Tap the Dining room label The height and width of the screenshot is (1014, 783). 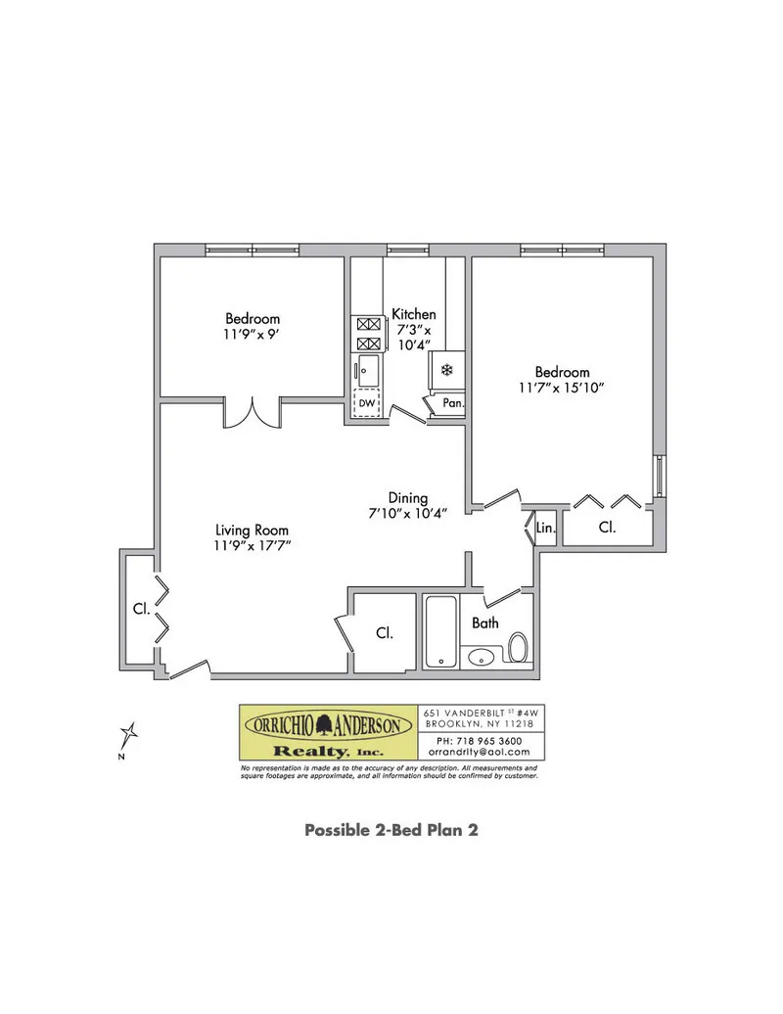click(407, 497)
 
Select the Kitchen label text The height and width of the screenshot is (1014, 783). click(413, 314)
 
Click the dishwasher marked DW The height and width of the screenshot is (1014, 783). click(367, 403)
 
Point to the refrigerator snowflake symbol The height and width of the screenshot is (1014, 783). click(445, 370)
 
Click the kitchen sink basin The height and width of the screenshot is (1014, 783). click(367, 370)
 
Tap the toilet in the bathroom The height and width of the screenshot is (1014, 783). click(518, 646)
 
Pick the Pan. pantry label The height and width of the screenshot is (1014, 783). click(451, 403)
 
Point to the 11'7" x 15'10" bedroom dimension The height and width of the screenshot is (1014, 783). click(562, 388)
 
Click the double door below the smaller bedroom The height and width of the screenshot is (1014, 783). click(253, 413)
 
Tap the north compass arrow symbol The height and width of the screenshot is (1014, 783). click(128, 734)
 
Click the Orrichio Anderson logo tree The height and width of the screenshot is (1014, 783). click(328, 725)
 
